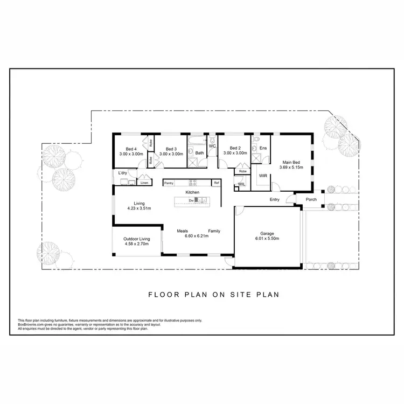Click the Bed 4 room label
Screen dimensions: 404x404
[x=131, y=149]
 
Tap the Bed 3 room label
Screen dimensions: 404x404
[x=171, y=149]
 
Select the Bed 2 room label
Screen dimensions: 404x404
[x=235, y=149]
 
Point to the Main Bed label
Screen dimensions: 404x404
[x=291, y=162]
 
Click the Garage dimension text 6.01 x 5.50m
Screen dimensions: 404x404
[x=267, y=239]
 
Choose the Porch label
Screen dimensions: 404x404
[x=311, y=199]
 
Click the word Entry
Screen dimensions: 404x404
[x=275, y=199]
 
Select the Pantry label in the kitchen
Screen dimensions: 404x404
[x=169, y=183]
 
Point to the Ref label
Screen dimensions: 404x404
[x=217, y=183]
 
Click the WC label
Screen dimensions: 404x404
[x=212, y=146]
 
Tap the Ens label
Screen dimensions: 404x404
[x=263, y=148]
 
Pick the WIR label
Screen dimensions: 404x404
[x=263, y=176]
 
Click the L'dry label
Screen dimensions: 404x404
[x=123, y=173]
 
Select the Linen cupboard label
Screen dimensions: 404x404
[x=144, y=183]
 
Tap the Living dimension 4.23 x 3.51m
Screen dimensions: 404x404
[x=139, y=208]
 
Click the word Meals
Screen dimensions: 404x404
[x=183, y=231]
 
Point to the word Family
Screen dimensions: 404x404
[x=214, y=231]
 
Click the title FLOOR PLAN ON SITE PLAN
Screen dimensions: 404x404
[x=213, y=295]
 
